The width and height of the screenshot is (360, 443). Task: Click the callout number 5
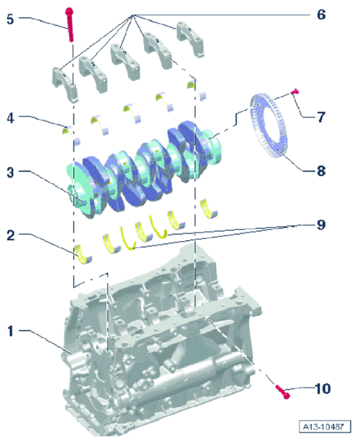tap(10, 19)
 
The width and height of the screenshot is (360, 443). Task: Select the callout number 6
tap(321, 15)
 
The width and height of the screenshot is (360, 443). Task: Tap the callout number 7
tap(321, 117)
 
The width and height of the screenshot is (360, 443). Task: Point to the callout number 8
tap(321, 171)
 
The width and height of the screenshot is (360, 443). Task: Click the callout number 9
tap(321, 225)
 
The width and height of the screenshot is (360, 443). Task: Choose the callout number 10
tap(323, 389)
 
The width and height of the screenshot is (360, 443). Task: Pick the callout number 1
tap(11, 331)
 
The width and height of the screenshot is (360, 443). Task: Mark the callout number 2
tap(11, 235)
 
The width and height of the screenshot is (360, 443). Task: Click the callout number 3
tap(11, 172)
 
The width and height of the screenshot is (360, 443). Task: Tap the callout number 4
tap(11, 118)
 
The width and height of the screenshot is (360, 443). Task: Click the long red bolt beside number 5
tap(70, 25)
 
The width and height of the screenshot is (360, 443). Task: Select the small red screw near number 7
tap(295, 91)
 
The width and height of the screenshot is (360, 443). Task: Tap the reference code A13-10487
tap(325, 426)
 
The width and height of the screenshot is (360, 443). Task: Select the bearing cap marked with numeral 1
tap(65, 84)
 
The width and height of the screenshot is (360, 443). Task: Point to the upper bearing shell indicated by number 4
tap(71, 135)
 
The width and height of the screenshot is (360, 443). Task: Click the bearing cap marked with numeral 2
tap(93, 73)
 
